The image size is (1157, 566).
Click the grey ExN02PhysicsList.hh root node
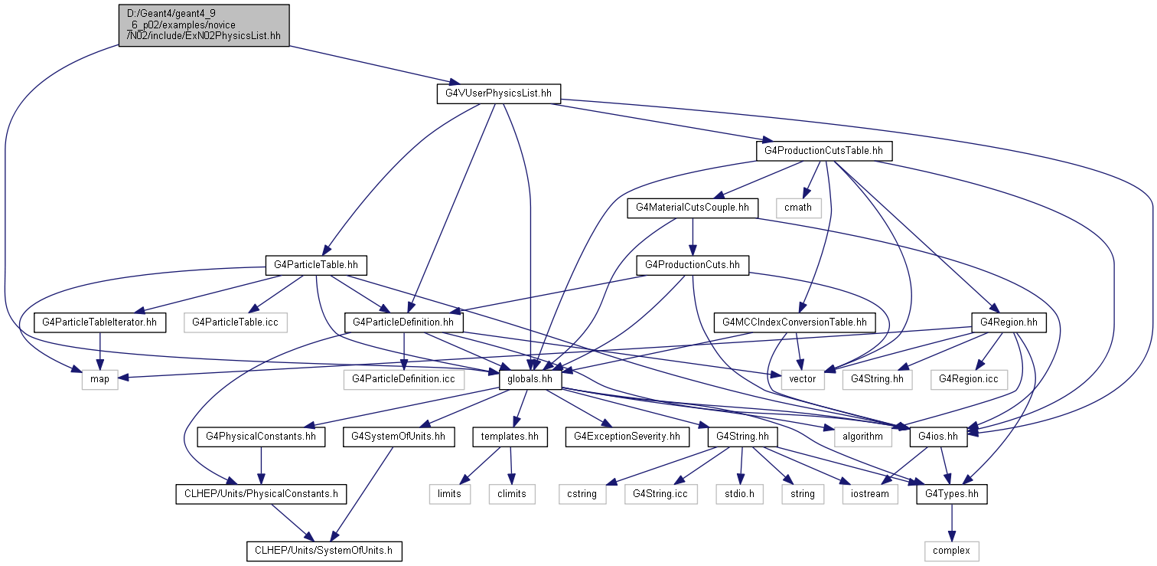click(x=204, y=25)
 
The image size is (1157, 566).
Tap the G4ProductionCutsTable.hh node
click(x=823, y=151)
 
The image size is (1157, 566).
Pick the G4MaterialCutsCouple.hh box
click(x=693, y=208)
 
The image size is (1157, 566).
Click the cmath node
click(x=798, y=208)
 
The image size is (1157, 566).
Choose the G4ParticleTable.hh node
click(x=315, y=265)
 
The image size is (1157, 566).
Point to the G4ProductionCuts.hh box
click(x=693, y=265)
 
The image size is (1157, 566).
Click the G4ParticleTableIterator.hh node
click(x=99, y=322)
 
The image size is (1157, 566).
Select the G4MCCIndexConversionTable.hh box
click(x=794, y=322)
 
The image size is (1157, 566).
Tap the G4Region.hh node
click(x=1008, y=322)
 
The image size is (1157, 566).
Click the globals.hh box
click(x=530, y=379)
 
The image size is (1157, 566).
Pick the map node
click(x=100, y=379)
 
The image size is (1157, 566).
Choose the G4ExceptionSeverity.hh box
click(x=626, y=437)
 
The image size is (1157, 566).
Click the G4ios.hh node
click(x=938, y=437)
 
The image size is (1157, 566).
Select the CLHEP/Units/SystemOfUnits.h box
click(x=324, y=551)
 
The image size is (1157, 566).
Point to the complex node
click(x=951, y=551)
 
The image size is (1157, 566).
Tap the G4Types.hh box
click(x=951, y=494)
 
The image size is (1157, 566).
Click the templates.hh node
click(x=510, y=437)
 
